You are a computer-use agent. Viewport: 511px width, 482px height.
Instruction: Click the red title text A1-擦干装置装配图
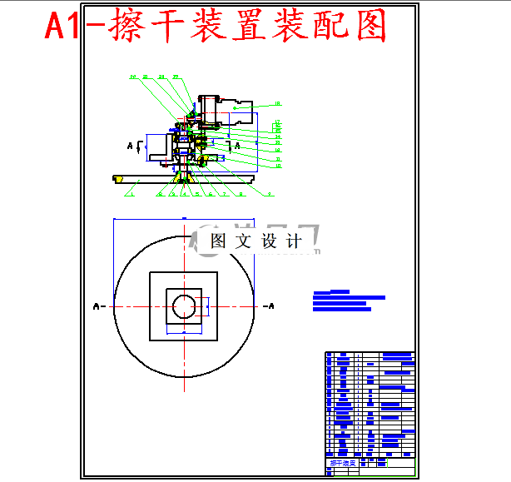(x=216, y=27)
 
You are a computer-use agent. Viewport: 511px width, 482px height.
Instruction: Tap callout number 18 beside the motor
(x=277, y=104)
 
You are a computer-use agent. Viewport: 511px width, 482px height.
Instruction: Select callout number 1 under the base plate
(x=131, y=194)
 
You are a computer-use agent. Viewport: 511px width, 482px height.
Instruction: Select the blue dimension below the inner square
(x=183, y=331)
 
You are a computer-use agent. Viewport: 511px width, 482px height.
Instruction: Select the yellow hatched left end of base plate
(x=118, y=177)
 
